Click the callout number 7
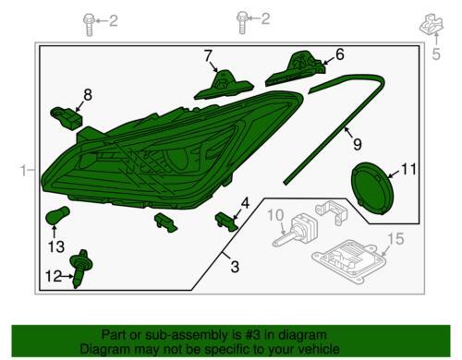click(x=208, y=56)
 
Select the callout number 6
click(x=339, y=54)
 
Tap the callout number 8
click(x=88, y=95)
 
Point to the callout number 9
click(x=357, y=144)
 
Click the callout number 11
click(x=408, y=169)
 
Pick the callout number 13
click(x=56, y=246)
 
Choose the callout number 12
click(x=54, y=276)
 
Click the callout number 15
click(x=395, y=239)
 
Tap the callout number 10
click(x=275, y=215)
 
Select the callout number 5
click(x=436, y=54)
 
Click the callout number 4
click(x=245, y=203)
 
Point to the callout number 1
click(x=23, y=171)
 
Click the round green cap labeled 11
click(x=373, y=188)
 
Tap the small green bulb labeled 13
click(x=57, y=215)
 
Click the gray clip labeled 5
click(x=432, y=24)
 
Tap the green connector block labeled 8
click(x=67, y=118)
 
